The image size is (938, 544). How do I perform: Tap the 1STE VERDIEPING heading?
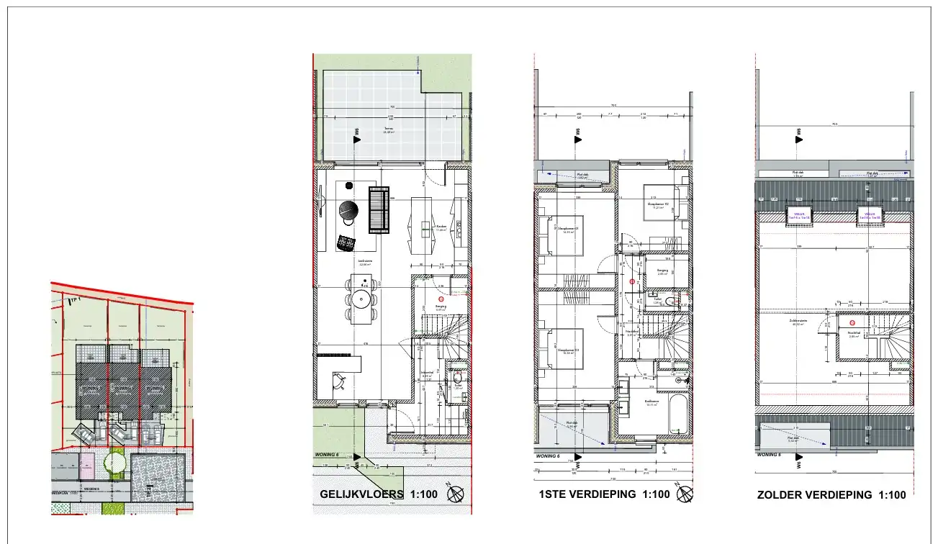click(587, 494)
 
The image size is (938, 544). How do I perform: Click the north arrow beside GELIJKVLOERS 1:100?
click(456, 495)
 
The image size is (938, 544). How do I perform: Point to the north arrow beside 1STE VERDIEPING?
click(686, 494)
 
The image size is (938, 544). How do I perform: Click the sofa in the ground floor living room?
click(379, 209)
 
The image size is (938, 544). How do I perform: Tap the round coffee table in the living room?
click(348, 209)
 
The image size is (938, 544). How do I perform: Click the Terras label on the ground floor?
click(389, 129)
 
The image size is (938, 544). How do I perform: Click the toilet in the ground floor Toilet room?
click(456, 378)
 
